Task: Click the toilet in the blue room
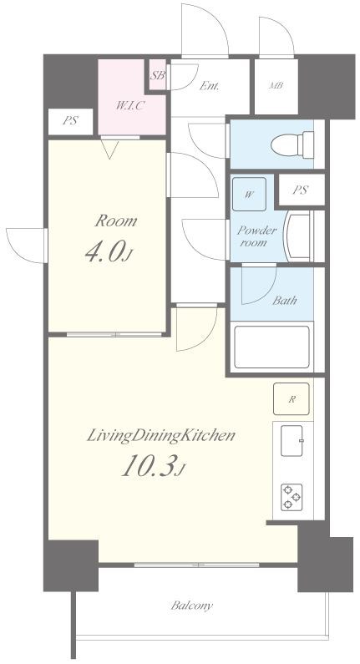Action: click(292, 145)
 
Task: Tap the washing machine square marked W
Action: click(249, 195)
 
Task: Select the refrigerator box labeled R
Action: click(291, 398)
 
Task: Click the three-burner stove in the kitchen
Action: click(292, 497)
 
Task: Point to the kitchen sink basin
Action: click(292, 440)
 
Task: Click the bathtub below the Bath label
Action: click(272, 347)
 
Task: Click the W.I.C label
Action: click(130, 105)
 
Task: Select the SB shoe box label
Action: click(158, 76)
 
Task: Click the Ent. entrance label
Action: click(209, 86)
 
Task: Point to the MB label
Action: click(276, 86)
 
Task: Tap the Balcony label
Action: click(192, 606)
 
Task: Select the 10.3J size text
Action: click(154, 467)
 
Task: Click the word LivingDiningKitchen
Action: click(161, 436)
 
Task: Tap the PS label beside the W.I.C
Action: click(70, 120)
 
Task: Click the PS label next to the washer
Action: click(300, 190)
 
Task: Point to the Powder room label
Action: click(257, 236)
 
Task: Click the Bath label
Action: click(284, 301)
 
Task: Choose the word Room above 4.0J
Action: click(115, 221)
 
